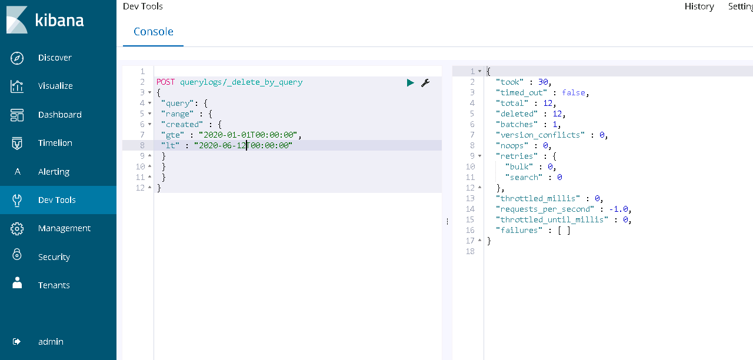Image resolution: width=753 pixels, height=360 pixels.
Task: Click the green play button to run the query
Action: (x=410, y=83)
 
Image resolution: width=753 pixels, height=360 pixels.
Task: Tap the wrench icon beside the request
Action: (x=425, y=83)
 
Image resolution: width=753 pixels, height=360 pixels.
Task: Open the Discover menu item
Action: (x=55, y=58)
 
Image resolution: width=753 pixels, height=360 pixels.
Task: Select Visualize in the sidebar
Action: (x=55, y=86)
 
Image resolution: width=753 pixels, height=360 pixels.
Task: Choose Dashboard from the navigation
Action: (x=60, y=115)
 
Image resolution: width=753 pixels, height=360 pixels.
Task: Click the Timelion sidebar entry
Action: (x=55, y=143)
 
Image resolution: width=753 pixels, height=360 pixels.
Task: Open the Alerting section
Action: (x=54, y=172)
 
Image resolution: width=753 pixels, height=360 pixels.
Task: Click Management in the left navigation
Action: (x=64, y=228)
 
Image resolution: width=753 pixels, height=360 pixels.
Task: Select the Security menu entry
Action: (x=54, y=257)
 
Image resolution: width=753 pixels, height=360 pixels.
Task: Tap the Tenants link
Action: (x=54, y=285)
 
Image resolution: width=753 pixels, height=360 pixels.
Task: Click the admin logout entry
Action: (x=51, y=342)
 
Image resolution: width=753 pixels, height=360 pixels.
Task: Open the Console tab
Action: (x=154, y=32)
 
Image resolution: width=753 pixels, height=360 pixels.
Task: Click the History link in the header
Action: (x=699, y=6)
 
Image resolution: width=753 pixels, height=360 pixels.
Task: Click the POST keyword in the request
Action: (x=165, y=82)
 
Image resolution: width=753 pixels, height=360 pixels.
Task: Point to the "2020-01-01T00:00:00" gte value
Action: (x=248, y=135)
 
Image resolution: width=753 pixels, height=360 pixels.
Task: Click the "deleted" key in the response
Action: (x=517, y=114)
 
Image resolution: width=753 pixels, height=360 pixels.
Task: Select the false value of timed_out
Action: (x=574, y=92)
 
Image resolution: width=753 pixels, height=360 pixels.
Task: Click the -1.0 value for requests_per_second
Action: (x=618, y=209)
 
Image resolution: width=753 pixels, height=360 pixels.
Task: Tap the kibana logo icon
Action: (x=17, y=20)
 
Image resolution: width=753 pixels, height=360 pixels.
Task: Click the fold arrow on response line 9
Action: (x=479, y=156)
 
